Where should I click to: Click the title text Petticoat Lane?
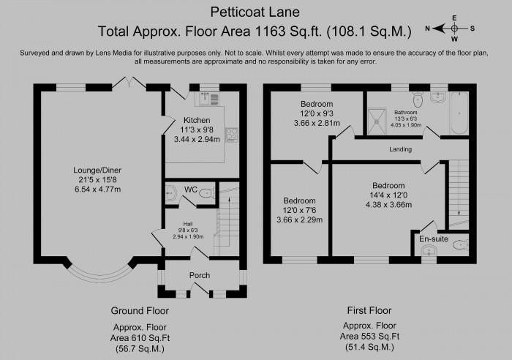pyautogui.click(x=254, y=12)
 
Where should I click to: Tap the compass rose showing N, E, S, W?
pyautogui.click(x=454, y=29)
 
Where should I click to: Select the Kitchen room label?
pyautogui.click(x=197, y=120)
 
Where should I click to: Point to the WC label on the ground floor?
pyautogui.click(x=189, y=190)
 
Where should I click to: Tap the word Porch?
pyautogui.click(x=200, y=275)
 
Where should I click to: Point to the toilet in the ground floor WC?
pyautogui.click(x=206, y=193)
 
